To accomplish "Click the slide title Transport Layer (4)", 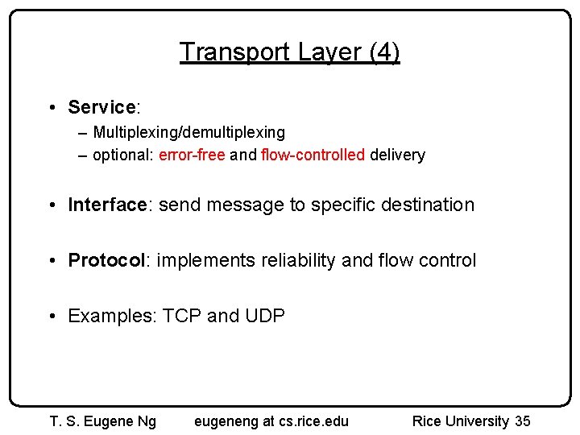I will [x=289, y=52].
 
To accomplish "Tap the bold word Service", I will [x=101, y=107].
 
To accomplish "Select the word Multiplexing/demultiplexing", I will [x=188, y=131].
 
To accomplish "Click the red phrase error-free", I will [x=192, y=155].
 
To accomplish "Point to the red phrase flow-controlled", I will [x=313, y=155].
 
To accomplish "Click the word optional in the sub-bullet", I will [x=122, y=155].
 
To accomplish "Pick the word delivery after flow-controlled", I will [x=397, y=155].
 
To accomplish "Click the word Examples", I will [x=112, y=316].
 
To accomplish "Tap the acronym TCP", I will [x=182, y=316].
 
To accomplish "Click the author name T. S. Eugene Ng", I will [x=103, y=420].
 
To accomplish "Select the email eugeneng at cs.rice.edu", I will [x=271, y=420].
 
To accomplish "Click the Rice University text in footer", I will [x=461, y=420].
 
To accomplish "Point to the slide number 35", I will [x=523, y=420].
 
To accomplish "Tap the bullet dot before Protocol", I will [x=52, y=260].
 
